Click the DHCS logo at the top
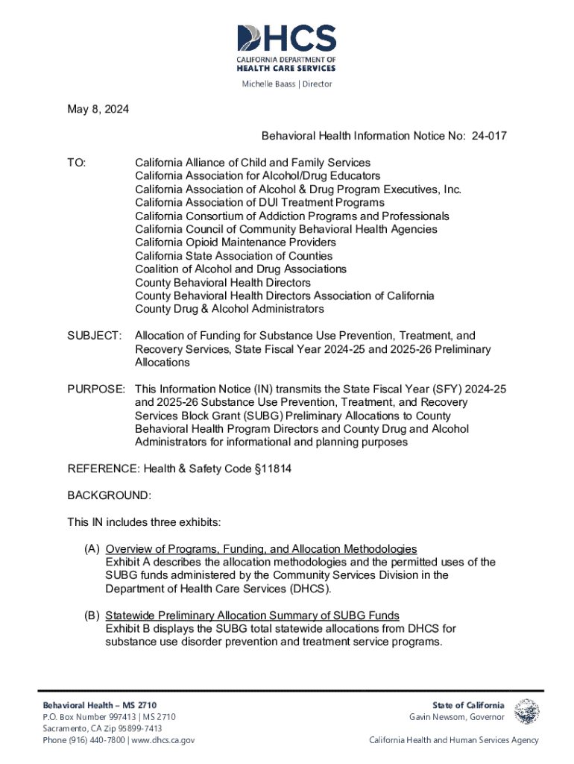286,46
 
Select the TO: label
77,162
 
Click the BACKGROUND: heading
110,495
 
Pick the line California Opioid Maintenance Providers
235,242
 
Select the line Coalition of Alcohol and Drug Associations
240,269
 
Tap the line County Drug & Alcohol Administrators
229,309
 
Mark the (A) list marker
92,549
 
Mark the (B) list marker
92,616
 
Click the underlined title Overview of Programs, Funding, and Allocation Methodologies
261,549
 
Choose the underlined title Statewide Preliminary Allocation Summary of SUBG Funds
252,616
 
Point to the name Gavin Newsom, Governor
457,717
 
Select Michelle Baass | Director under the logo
287,84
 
